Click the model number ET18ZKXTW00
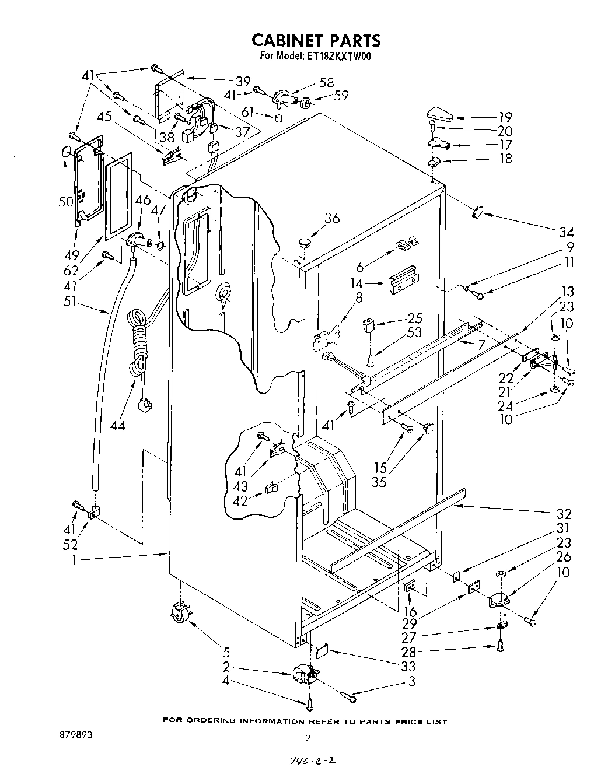point(338,57)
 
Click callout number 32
point(564,514)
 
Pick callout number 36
point(331,218)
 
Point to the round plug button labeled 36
point(303,241)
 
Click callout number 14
point(357,284)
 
